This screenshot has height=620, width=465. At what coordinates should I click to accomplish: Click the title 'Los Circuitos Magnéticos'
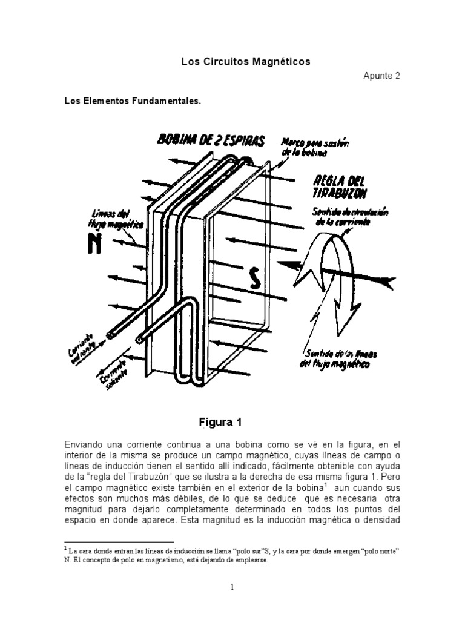click(246, 62)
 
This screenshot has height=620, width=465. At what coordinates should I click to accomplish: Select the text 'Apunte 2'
click(382, 76)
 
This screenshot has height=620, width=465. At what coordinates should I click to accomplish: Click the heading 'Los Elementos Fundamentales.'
click(133, 102)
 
